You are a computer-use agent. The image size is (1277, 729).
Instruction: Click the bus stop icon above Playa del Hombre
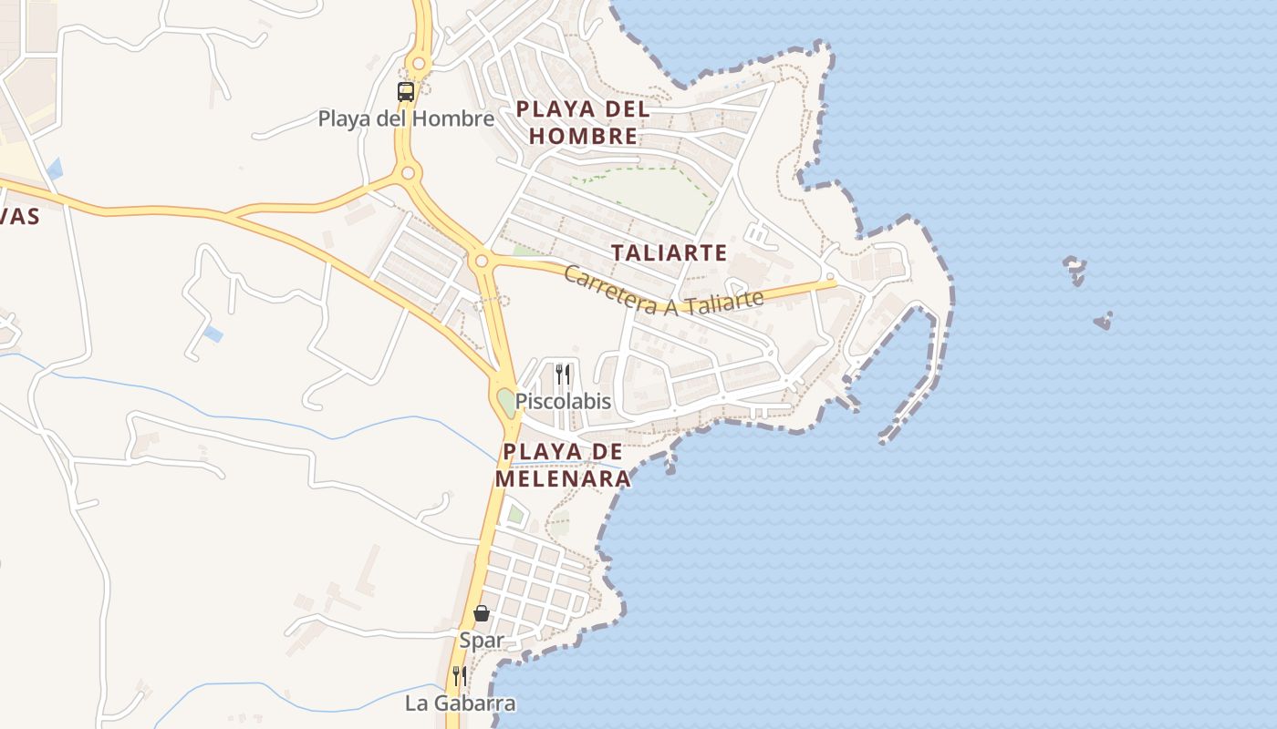(x=406, y=91)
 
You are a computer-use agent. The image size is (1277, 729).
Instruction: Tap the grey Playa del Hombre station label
(x=406, y=118)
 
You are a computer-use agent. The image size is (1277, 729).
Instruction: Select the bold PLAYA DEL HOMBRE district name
(x=583, y=123)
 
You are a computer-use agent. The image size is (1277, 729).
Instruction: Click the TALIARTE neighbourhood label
(x=669, y=252)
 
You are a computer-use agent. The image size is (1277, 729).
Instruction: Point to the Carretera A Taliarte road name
(x=663, y=291)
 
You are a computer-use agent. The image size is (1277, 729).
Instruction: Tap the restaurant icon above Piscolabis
(x=563, y=374)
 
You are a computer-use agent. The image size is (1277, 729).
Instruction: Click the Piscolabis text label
(x=563, y=401)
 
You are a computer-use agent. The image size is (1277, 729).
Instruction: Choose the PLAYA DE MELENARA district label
(x=563, y=465)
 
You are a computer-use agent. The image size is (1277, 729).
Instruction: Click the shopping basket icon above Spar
(x=482, y=613)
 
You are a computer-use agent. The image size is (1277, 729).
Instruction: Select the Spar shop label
(x=482, y=640)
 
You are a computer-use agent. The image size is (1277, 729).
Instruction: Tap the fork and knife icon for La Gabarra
(x=460, y=676)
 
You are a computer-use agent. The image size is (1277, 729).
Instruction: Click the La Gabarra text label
(x=461, y=703)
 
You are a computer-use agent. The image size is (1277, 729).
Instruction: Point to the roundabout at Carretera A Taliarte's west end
(x=481, y=261)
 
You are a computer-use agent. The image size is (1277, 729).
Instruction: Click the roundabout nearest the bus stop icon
(x=419, y=64)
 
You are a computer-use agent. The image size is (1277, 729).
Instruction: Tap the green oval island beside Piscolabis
(x=505, y=401)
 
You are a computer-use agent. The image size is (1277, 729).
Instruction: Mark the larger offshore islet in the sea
(x=1075, y=270)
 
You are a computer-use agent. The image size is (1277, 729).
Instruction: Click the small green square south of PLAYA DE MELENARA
(x=515, y=515)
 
